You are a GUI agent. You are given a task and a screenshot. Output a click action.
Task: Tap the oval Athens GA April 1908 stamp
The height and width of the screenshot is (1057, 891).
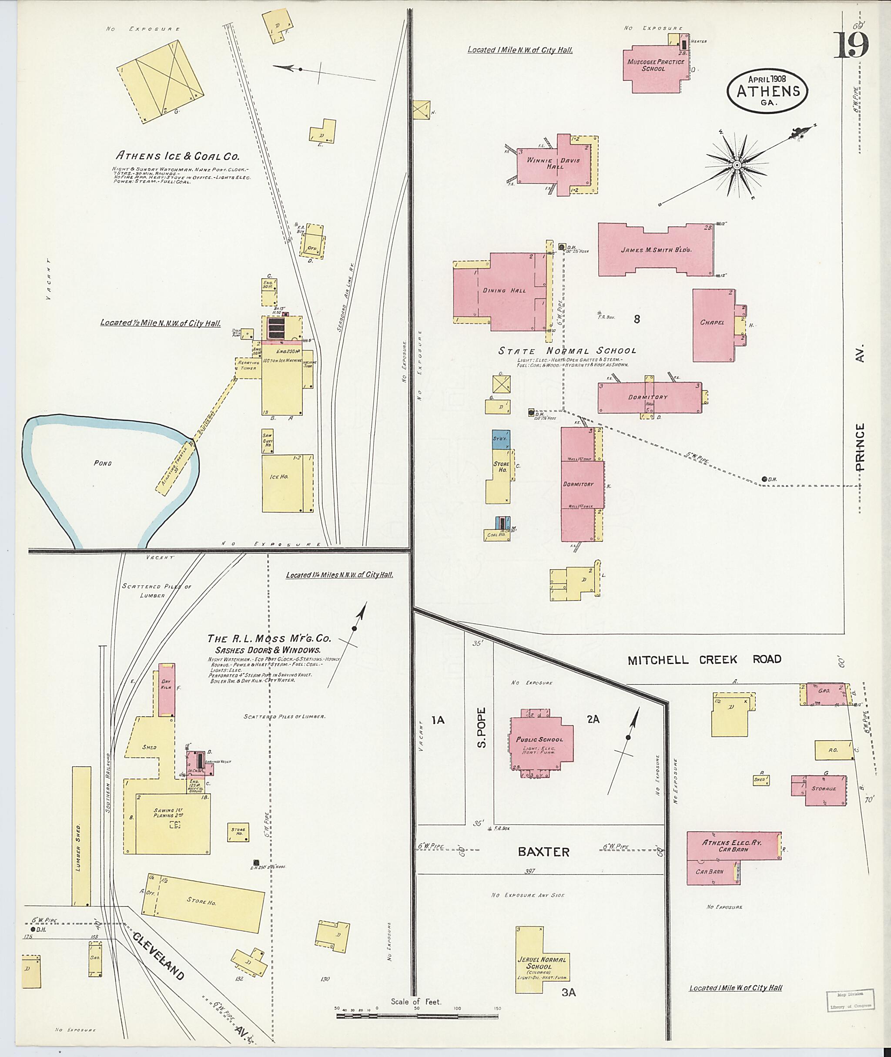[767, 91]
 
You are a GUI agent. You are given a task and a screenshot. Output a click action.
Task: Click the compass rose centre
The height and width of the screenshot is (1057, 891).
[737, 165]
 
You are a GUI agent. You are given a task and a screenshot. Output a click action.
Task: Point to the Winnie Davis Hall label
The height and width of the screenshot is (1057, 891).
[553, 163]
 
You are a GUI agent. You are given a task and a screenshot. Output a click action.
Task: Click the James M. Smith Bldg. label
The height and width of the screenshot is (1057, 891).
[656, 250]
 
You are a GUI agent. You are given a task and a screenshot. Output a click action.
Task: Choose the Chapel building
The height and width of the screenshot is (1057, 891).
[712, 325]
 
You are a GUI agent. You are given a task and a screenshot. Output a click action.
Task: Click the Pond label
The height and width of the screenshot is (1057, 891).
[103, 463]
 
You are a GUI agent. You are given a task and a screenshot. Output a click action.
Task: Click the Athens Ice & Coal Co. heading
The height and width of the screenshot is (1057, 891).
[178, 156]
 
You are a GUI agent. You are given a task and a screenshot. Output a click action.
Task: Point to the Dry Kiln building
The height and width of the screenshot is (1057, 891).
[167, 690]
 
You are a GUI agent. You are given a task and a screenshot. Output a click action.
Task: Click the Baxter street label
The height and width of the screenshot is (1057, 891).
[543, 852]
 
